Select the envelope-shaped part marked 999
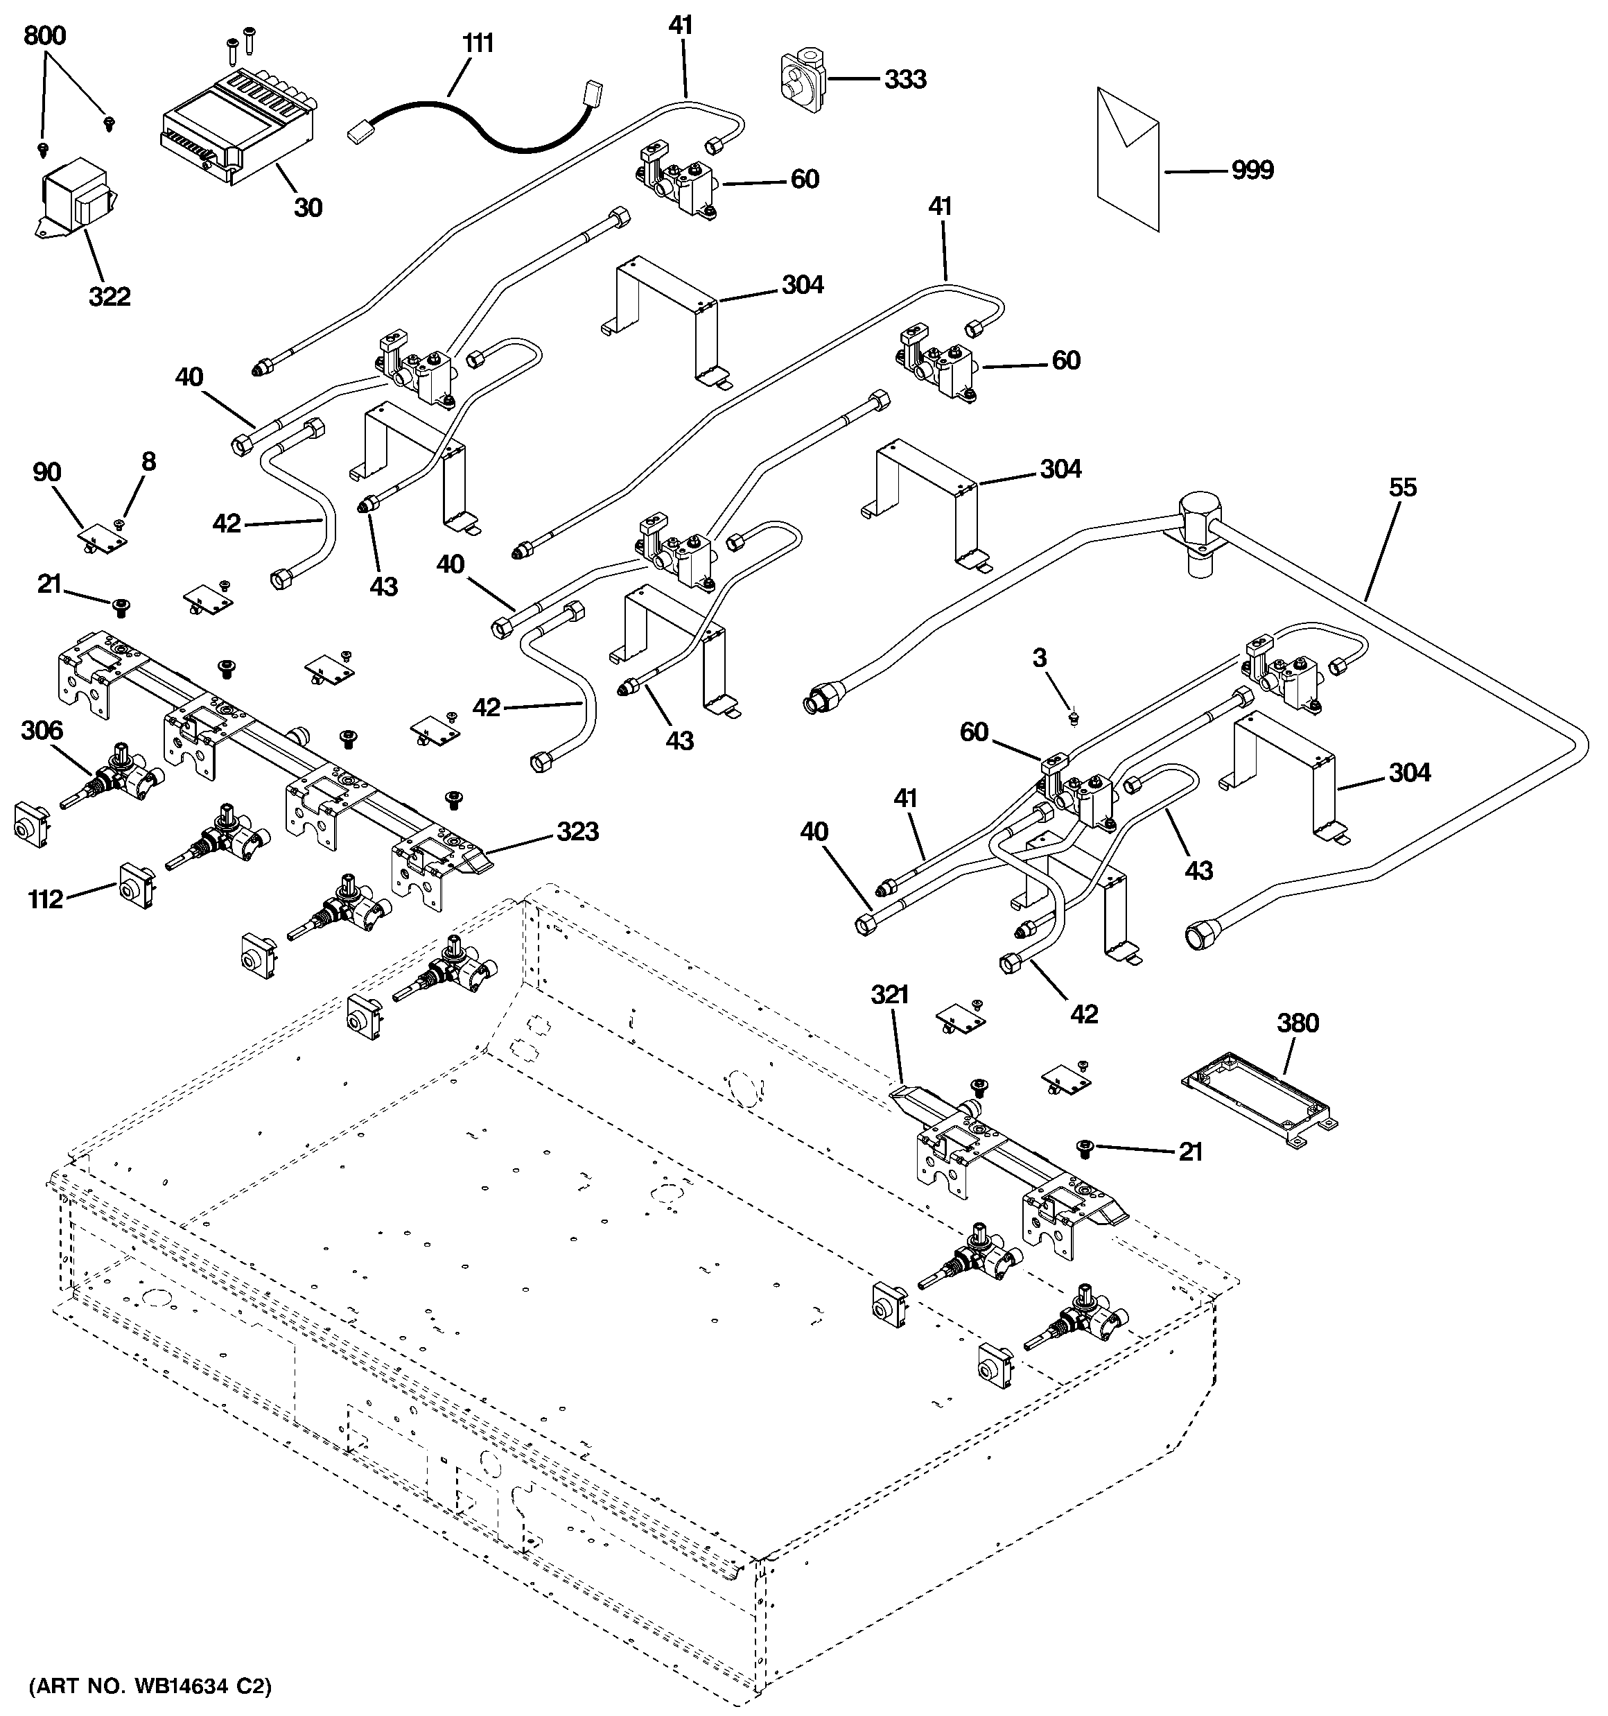point(1127,159)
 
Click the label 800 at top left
point(44,36)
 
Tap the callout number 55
point(1403,487)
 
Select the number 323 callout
point(577,831)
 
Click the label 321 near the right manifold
point(889,995)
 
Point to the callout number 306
point(42,730)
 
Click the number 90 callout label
point(46,472)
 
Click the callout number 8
point(148,461)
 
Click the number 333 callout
point(905,80)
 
